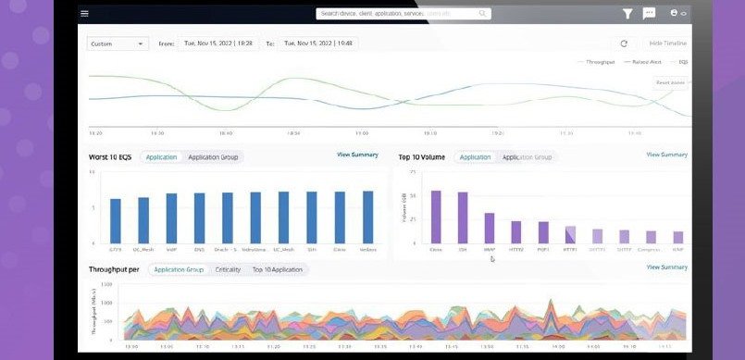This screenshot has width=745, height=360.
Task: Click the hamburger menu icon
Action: click(x=84, y=14)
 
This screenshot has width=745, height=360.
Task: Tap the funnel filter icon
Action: click(x=627, y=14)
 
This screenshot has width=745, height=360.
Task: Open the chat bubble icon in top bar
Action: click(x=649, y=14)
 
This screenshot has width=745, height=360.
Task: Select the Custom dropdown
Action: click(x=118, y=43)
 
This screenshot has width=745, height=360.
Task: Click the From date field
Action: click(x=218, y=43)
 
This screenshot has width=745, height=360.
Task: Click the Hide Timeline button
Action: click(x=667, y=43)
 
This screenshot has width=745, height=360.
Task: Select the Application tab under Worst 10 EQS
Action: click(x=161, y=157)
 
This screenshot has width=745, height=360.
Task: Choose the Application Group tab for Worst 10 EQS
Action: click(x=213, y=157)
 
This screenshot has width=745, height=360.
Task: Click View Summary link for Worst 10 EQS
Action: click(x=357, y=155)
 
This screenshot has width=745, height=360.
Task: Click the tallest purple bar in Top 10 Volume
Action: click(x=436, y=217)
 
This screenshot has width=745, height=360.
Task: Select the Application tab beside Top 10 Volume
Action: click(x=475, y=157)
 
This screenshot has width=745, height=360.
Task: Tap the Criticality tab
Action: click(x=228, y=269)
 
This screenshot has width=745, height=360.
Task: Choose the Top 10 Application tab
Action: click(x=277, y=269)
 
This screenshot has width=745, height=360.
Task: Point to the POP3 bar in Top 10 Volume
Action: click(x=543, y=232)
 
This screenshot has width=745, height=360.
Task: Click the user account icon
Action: click(x=674, y=14)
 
